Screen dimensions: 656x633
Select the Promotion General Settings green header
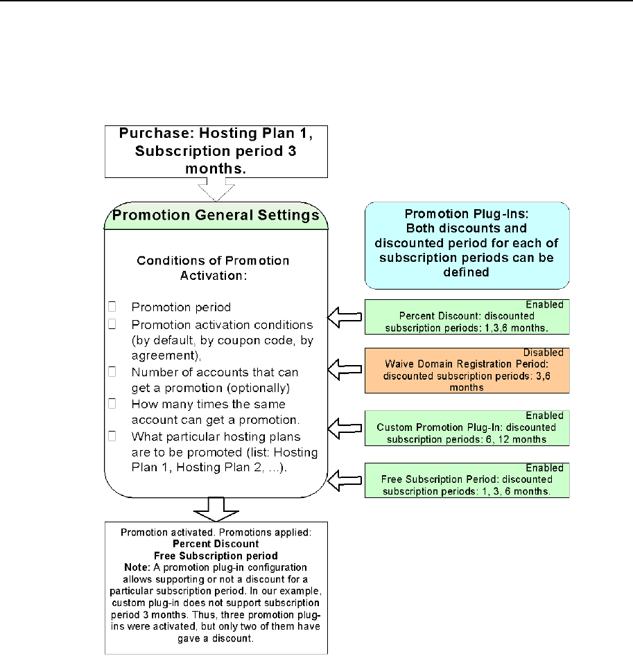(216, 215)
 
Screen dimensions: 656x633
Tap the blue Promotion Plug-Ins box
(467, 245)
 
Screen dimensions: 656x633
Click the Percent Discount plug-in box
(467, 318)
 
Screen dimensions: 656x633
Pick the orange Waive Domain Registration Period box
(467, 371)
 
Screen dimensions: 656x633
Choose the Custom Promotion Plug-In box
(467, 427)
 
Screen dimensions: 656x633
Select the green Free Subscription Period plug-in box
(467, 480)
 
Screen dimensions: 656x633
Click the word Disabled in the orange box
(544, 352)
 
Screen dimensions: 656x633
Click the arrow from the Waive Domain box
(345, 373)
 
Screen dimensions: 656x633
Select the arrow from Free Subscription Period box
(345, 479)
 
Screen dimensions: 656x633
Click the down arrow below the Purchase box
(216, 188)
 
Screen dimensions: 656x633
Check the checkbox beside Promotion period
(112, 306)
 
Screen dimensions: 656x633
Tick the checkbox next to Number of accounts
(112, 372)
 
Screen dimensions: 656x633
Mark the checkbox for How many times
(112, 404)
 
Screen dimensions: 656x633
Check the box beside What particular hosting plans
(112, 436)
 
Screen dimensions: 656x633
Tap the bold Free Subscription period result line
(216, 556)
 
